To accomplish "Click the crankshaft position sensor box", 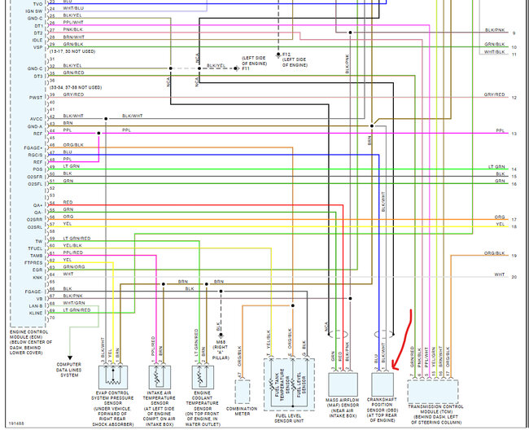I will tap(382, 385).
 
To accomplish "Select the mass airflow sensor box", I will tap(343, 384).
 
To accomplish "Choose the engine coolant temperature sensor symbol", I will tap(203, 376).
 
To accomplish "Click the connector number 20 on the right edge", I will tap(514, 278).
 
